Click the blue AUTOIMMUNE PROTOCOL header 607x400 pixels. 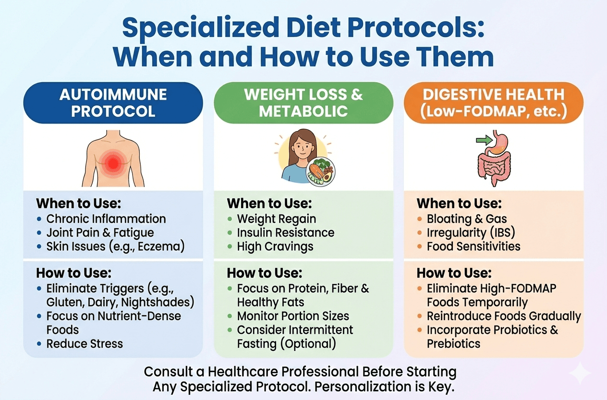click(113, 103)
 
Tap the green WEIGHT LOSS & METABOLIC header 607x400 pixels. click(303, 103)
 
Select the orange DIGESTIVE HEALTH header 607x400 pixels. click(494, 103)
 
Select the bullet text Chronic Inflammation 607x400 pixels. click(106, 219)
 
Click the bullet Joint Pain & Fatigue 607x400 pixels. click(100, 233)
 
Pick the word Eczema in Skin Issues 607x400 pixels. click(159, 247)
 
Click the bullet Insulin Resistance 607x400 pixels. click(286, 233)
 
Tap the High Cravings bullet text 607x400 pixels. click(275, 247)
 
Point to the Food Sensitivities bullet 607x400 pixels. click(473, 247)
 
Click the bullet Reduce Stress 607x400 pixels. click(85, 344)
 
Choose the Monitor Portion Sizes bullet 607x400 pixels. click(293, 316)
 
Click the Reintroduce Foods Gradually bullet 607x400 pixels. click(504, 316)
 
